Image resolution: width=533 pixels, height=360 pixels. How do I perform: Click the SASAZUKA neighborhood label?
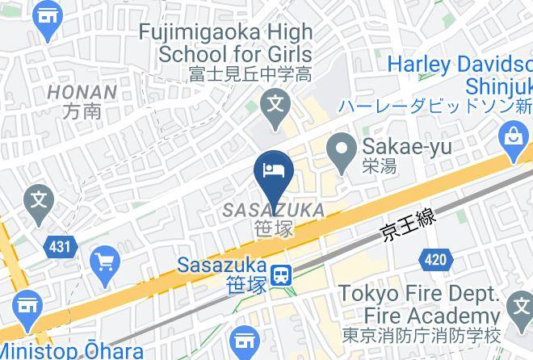(275, 211)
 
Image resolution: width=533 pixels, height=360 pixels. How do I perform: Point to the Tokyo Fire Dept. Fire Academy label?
(418, 303)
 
